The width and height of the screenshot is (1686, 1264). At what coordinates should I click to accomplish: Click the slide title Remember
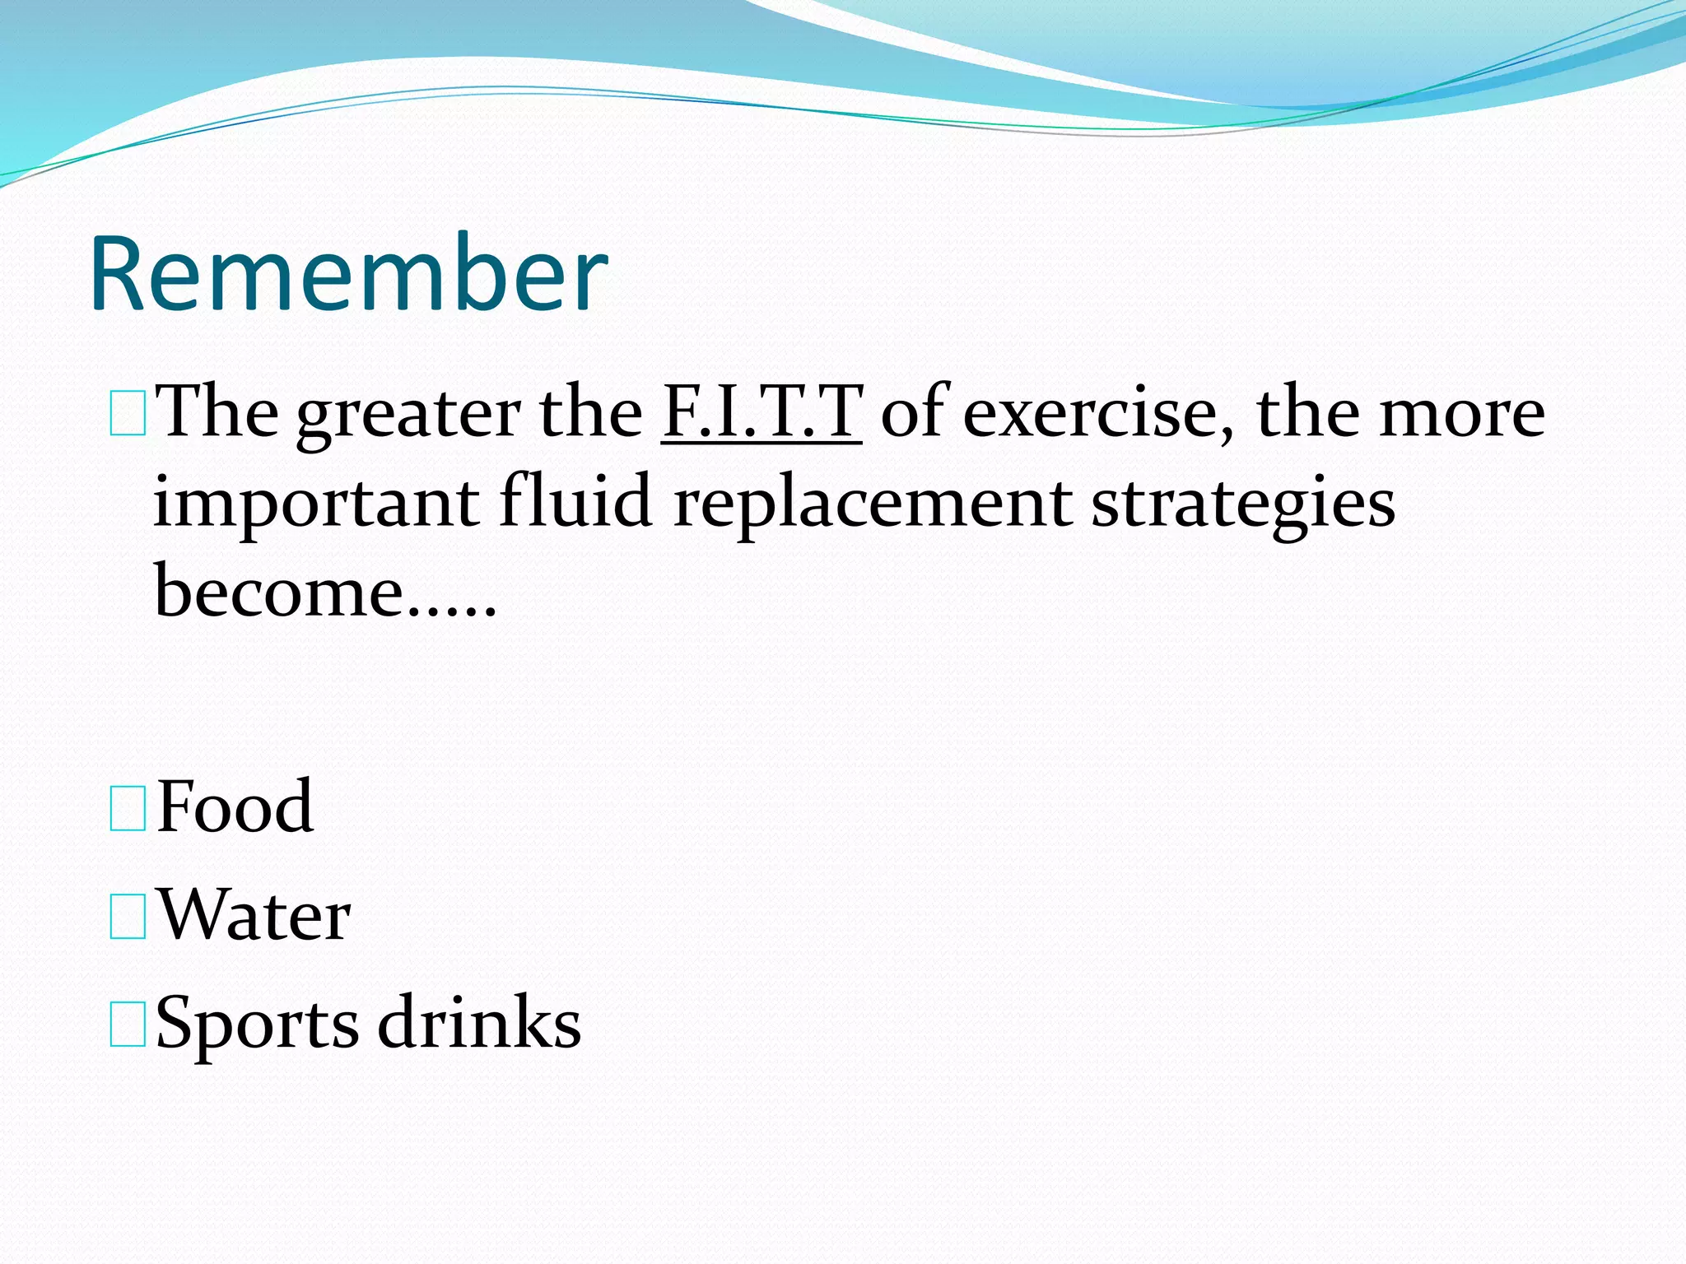pos(349,275)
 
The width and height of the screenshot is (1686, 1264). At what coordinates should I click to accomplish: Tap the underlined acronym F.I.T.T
pos(761,411)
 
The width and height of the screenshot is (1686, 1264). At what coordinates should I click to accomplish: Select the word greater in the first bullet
pos(408,415)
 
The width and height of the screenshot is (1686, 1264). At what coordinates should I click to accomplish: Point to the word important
pos(316,504)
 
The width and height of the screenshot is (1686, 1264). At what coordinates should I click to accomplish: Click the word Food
pos(235,807)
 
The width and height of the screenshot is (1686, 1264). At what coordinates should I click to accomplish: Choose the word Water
pos(254,915)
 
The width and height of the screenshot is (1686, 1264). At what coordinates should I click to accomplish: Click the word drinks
pos(479,1023)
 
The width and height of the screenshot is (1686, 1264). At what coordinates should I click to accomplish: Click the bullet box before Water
pos(128,918)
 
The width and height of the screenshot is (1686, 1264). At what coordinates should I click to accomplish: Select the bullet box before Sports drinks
pos(128,1025)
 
